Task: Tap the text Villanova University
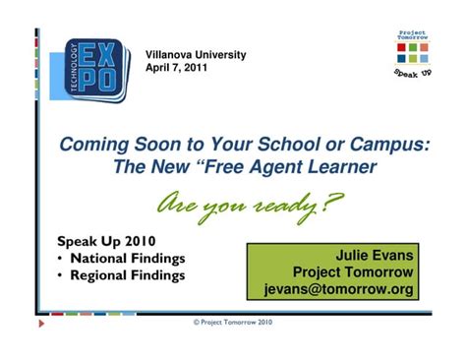pyautogui.click(x=195, y=54)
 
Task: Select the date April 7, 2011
pyautogui.click(x=177, y=70)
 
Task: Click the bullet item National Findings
pyautogui.click(x=124, y=258)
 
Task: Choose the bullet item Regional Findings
pyautogui.click(x=124, y=275)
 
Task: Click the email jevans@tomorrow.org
pyautogui.click(x=339, y=289)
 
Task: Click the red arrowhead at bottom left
pyautogui.click(x=41, y=322)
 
